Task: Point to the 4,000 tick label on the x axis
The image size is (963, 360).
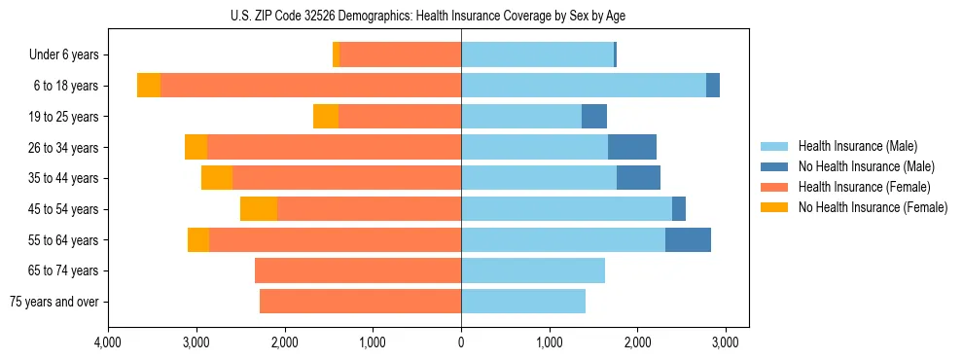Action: tap(108, 342)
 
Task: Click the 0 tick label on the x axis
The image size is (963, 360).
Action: tap(461, 342)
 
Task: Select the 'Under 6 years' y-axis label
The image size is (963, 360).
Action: tap(64, 55)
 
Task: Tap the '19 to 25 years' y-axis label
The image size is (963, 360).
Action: tap(63, 117)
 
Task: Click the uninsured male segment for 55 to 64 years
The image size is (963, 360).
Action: tap(688, 240)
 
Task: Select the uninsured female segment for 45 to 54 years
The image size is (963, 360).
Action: tap(259, 209)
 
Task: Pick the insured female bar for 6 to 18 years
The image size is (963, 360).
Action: tap(310, 86)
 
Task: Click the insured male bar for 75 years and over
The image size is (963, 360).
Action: tap(523, 302)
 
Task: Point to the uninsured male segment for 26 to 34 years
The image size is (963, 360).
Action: tap(632, 148)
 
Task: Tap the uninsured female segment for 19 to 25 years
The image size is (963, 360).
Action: tap(326, 117)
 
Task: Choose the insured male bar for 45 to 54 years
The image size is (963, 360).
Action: tap(566, 209)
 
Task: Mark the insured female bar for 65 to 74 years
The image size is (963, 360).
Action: tap(358, 270)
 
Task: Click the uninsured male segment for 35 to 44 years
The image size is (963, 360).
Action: tap(638, 178)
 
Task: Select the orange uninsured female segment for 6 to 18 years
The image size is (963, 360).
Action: tap(149, 86)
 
